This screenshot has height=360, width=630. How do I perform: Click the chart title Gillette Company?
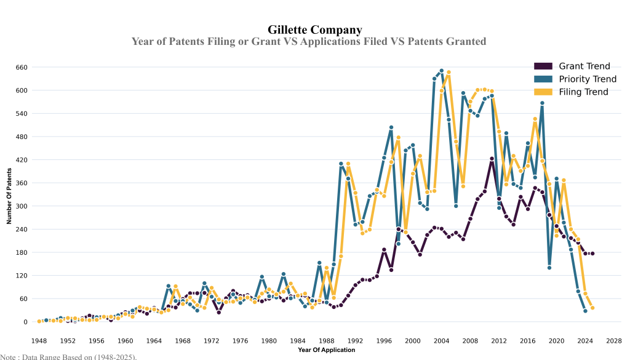pos(314,30)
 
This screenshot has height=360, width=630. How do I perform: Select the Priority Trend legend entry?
pos(587,79)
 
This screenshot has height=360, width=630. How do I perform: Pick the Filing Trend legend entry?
pos(583,92)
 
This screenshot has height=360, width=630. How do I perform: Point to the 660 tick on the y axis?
pos(22,67)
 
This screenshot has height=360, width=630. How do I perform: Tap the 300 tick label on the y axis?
pos(22,206)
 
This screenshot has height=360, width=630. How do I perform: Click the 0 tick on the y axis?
pos(25,322)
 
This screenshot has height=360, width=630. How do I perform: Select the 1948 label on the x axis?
pos(39,340)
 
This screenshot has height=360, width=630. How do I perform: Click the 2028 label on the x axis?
pos(613,340)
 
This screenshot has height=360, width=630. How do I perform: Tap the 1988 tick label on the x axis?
pos(326,340)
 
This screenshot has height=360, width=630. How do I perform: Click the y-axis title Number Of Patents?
pos(10,194)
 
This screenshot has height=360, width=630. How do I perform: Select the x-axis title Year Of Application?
pos(326,350)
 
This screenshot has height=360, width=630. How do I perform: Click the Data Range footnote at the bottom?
pos(68,356)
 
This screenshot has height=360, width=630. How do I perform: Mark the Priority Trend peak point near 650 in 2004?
pos(441,71)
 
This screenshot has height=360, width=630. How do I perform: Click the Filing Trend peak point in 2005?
pos(449,73)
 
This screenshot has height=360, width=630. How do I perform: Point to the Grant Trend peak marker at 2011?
pos(492,159)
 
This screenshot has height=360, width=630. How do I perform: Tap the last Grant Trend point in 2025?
pos(592,253)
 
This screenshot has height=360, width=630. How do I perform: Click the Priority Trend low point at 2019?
pos(549,268)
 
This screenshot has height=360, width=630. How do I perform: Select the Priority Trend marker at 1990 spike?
pos(341,164)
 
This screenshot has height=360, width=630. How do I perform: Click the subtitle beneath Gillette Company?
pos(308,41)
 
